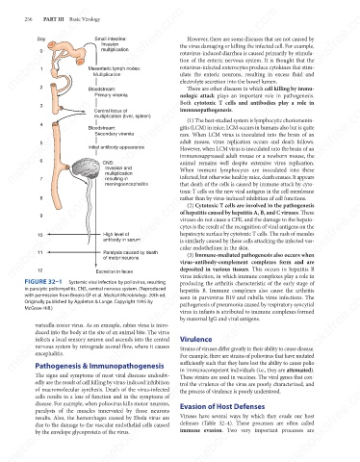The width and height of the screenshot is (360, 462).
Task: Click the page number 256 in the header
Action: [28, 19]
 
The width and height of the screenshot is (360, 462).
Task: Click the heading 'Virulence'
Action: [195, 339]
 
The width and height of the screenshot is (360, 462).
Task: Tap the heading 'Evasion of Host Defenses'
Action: [222, 406]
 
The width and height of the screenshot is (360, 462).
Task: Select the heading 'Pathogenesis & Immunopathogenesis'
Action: [99, 366]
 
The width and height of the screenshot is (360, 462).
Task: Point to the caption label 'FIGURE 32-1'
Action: [43, 282]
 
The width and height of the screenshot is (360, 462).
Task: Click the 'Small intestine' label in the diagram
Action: [111, 38]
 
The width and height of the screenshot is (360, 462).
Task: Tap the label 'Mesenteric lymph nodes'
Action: [115, 68]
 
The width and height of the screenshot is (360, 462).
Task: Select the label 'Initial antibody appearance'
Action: [116, 147]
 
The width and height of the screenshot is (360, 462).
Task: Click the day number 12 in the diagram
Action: [40, 270]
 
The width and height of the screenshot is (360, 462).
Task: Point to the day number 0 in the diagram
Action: [41, 51]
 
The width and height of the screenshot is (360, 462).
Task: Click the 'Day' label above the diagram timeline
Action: [41, 39]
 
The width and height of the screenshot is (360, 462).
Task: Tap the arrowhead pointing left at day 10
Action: [49, 234]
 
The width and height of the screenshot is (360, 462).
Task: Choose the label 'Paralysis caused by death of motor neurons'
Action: [130, 255]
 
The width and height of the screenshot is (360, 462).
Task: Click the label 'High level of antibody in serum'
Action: [121, 237]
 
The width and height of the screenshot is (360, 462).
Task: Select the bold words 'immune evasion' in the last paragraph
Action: [201, 430]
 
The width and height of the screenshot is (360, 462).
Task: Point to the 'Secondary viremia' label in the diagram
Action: [115, 134]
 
